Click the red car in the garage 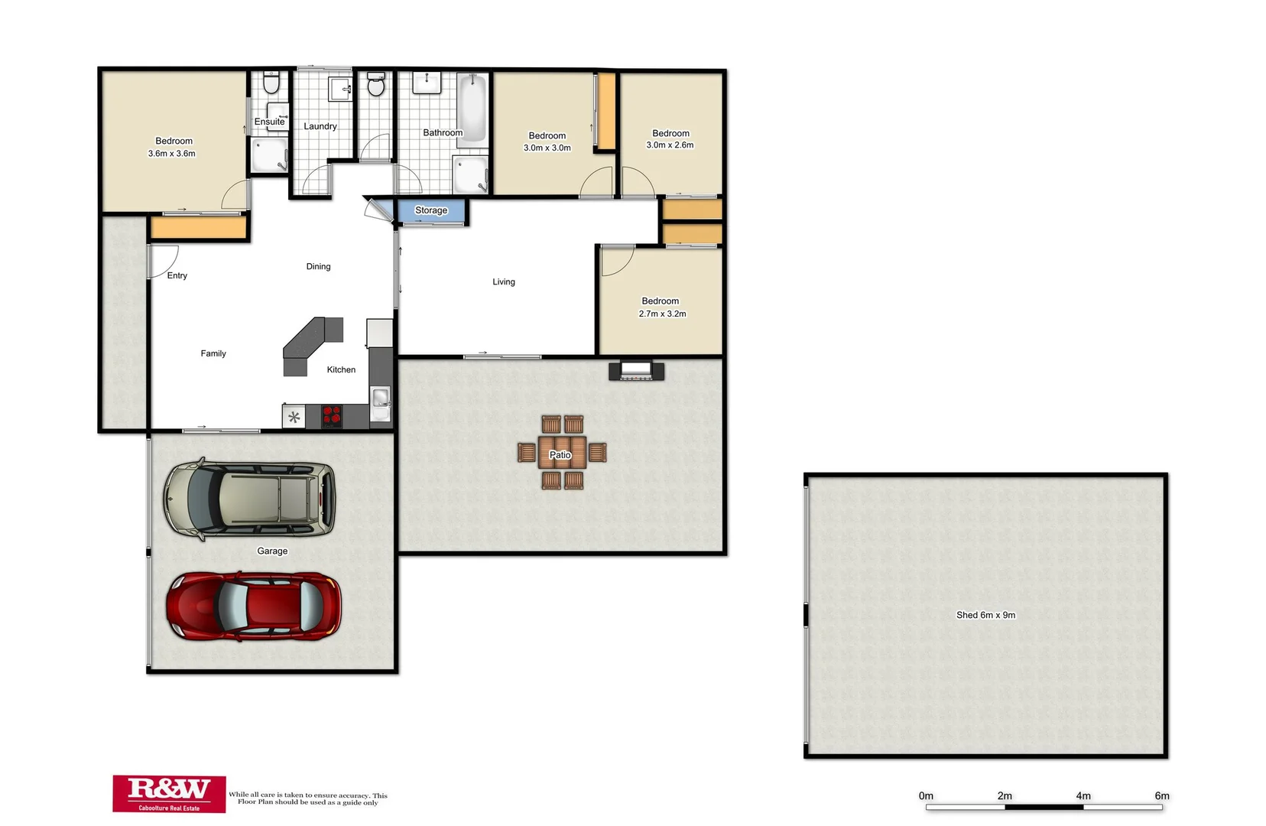pyautogui.click(x=254, y=606)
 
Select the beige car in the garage pyautogui.click(x=250, y=499)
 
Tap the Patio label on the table pyautogui.click(x=560, y=455)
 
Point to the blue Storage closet pyautogui.click(x=431, y=211)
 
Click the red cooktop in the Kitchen pyautogui.click(x=331, y=415)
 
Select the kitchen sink pyautogui.click(x=380, y=397)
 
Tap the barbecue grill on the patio pyautogui.click(x=636, y=372)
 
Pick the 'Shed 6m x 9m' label pyautogui.click(x=985, y=615)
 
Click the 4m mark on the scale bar pyautogui.click(x=1083, y=796)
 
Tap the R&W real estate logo pyautogui.click(x=169, y=792)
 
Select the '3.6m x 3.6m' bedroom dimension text pyautogui.click(x=171, y=154)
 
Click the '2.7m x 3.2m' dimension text pyautogui.click(x=662, y=314)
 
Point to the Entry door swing pyautogui.click(x=163, y=260)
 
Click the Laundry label pyautogui.click(x=320, y=126)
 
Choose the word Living pyautogui.click(x=503, y=282)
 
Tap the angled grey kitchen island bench pyautogui.click(x=311, y=340)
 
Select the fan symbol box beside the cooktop pyautogui.click(x=294, y=417)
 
